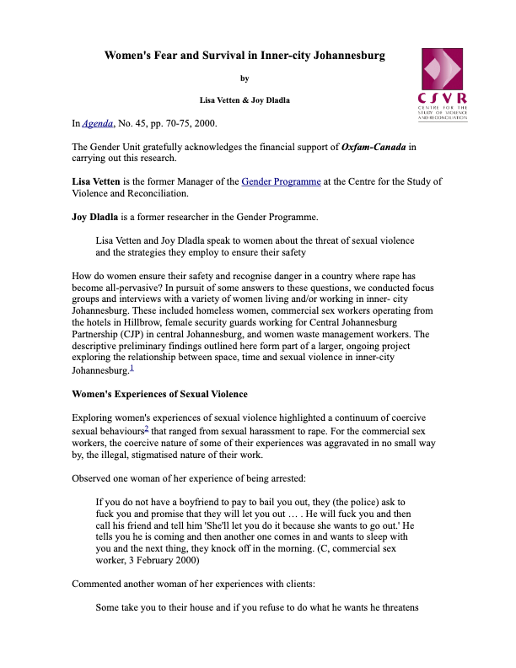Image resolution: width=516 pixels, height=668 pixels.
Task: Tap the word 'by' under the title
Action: tap(245, 78)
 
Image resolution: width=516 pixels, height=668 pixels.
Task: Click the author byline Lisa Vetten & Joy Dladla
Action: tap(245, 100)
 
